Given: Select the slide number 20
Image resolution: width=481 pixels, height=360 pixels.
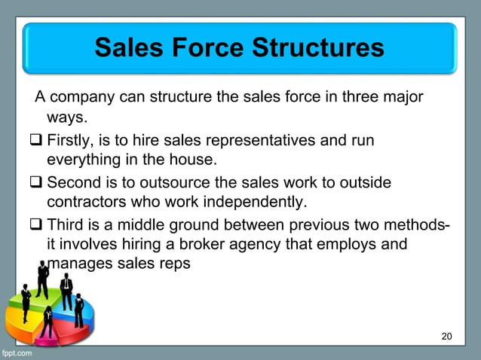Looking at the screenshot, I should pyautogui.click(x=447, y=335).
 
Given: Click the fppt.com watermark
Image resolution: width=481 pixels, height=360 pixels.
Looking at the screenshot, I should pyautogui.click(x=17, y=352).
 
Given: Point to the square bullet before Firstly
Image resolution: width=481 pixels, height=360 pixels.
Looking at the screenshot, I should pyautogui.click(x=37, y=140).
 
